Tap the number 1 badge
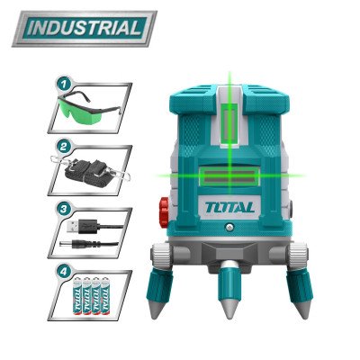coord(64,81)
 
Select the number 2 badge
coord(64,144)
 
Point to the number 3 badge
coord(64,207)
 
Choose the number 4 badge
coord(64,269)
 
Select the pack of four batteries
coord(90,297)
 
